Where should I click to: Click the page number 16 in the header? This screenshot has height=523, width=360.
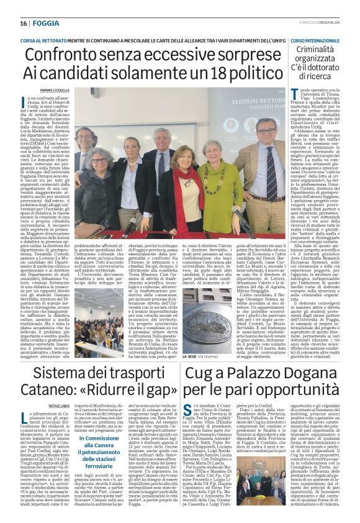coord(23,23)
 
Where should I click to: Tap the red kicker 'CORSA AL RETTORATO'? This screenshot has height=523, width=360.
coord(49,39)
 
